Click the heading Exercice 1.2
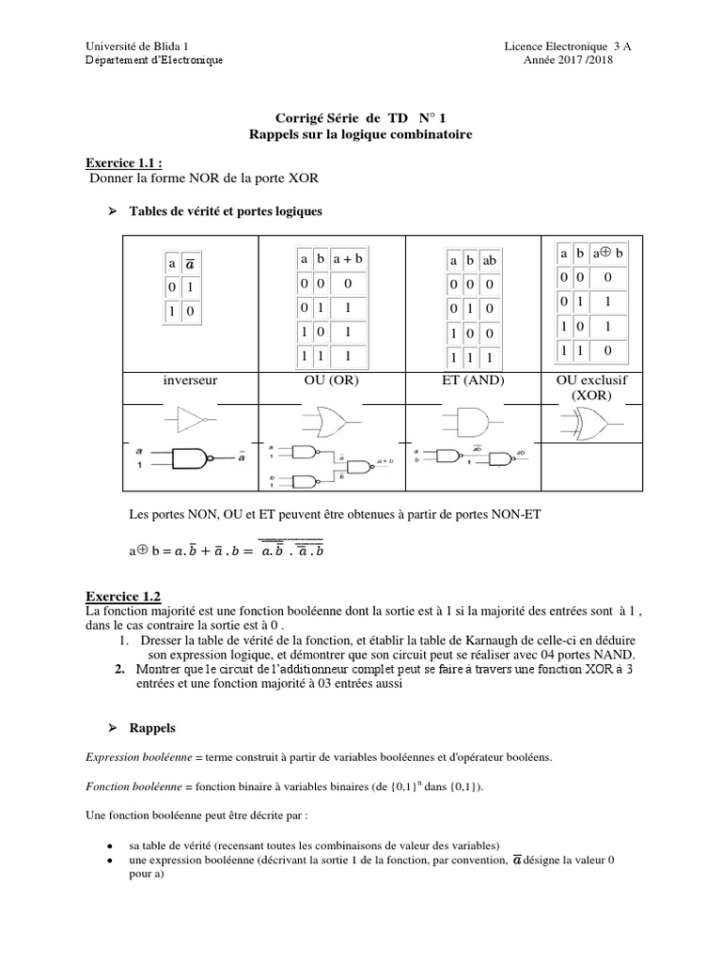[123, 596]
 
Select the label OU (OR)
[332, 381]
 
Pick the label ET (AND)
[472, 381]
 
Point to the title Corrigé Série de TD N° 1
[361, 118]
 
